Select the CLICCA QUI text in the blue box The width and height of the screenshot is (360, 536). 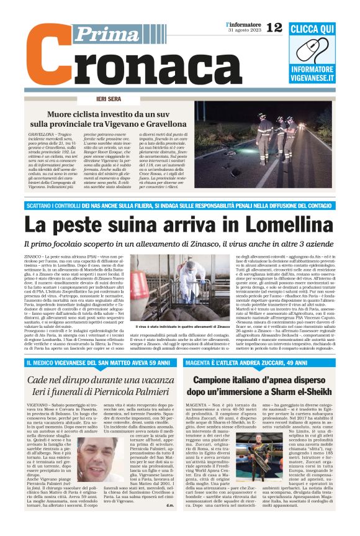point(321,29)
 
